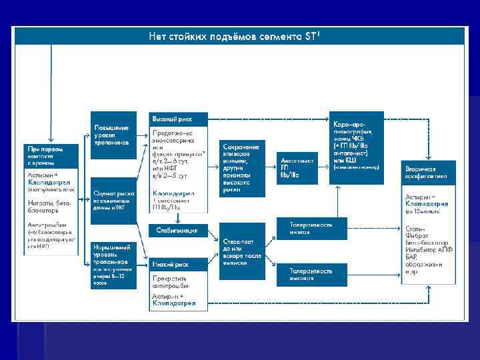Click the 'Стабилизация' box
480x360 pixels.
tap(178, 231)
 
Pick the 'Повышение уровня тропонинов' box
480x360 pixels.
tap(112, 134)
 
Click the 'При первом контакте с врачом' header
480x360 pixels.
tap(50, 155)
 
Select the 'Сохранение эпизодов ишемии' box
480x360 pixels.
tap(243, 167)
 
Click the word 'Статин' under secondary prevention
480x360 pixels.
tap(415, 229)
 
